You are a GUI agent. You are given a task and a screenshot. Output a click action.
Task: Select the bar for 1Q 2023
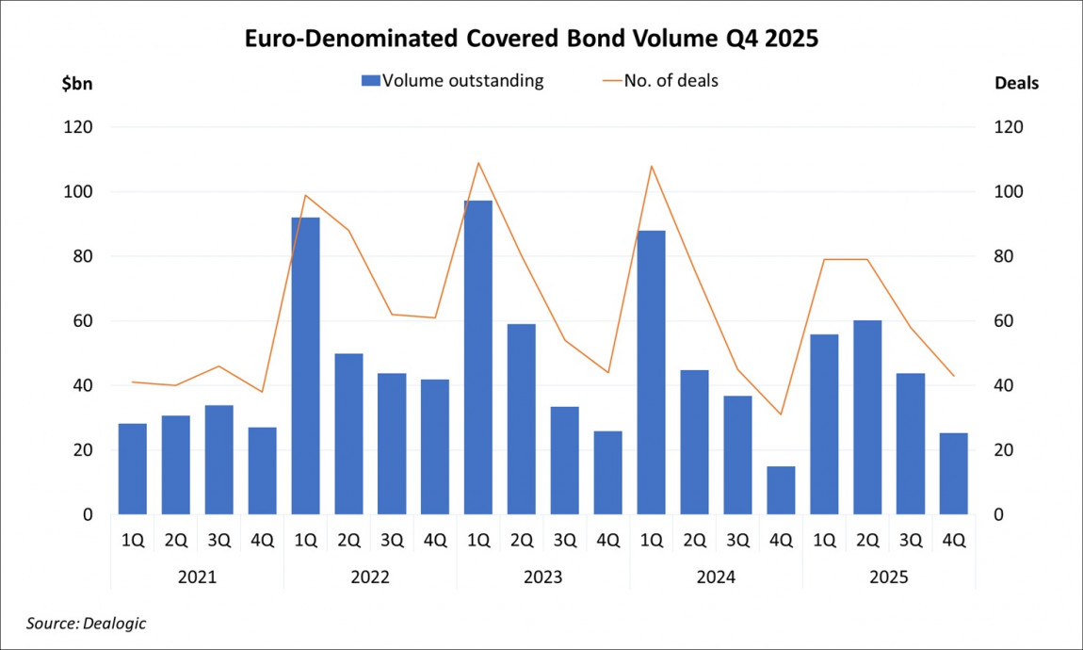click(x=478, y=358)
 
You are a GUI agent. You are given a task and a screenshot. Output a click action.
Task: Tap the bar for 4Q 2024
click(x=782, y=490)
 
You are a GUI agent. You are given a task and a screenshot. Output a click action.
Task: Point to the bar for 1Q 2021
click(x=133, y=469)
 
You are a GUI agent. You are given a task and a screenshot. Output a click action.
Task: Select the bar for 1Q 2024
click(x=652, y=372)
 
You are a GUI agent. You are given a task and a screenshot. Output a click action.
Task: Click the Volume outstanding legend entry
click(x=453, y=81)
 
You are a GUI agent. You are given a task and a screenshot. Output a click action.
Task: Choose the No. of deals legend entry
click(x=659, y=81)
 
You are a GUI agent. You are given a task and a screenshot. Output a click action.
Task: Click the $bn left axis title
click(x=76, y=83)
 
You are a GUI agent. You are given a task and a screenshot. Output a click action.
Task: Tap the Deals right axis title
click(x=1017, y=83)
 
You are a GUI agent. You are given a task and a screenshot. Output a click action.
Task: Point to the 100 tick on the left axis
click(x=78, y=192)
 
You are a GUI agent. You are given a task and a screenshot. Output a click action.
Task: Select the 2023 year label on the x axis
click(x=543, y=577)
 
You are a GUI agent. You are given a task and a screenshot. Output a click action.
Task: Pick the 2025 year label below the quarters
click(x=889, y=577)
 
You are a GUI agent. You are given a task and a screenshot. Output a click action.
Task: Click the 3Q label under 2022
click(x=392, y=541)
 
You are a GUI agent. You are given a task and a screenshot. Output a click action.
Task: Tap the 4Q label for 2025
click(x=954, y=541)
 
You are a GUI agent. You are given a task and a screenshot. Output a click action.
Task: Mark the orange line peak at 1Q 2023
click(x=478, y=163)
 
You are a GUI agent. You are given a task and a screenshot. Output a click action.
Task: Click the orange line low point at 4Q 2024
click(x=782, y=414)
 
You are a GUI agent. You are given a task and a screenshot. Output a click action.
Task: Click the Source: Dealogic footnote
click(x=87, y=623)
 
